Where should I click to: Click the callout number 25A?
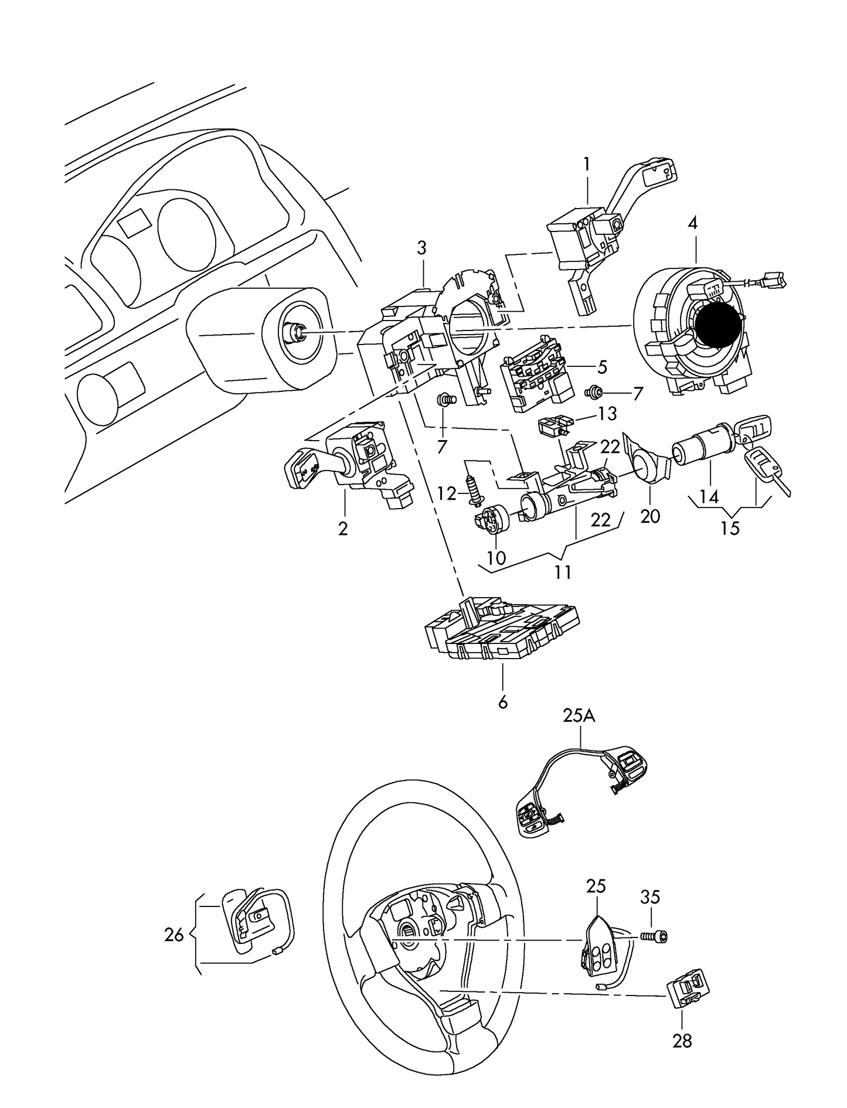click(579, 716)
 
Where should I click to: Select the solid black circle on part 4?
click(717, 325)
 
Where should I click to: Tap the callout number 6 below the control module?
click(502, 701)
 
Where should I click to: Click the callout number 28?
click(683, 1041)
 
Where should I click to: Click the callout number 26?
click(174, 935)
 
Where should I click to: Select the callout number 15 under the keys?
click(730, 528)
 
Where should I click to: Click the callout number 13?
click(607, 414)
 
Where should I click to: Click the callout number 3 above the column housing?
click(422, 248)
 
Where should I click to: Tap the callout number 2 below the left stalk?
click(343, 528)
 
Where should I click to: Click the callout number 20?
click(650, 516)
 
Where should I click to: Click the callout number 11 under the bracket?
click(563, 571)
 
